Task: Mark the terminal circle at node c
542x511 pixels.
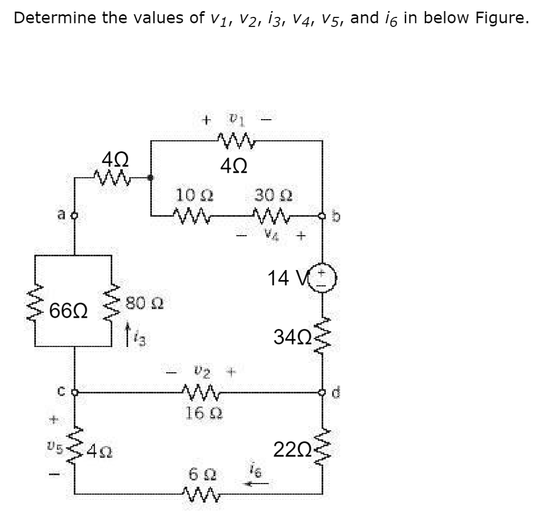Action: click(x=73, y=393)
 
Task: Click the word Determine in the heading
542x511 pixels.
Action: click(x=52, y=18)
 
